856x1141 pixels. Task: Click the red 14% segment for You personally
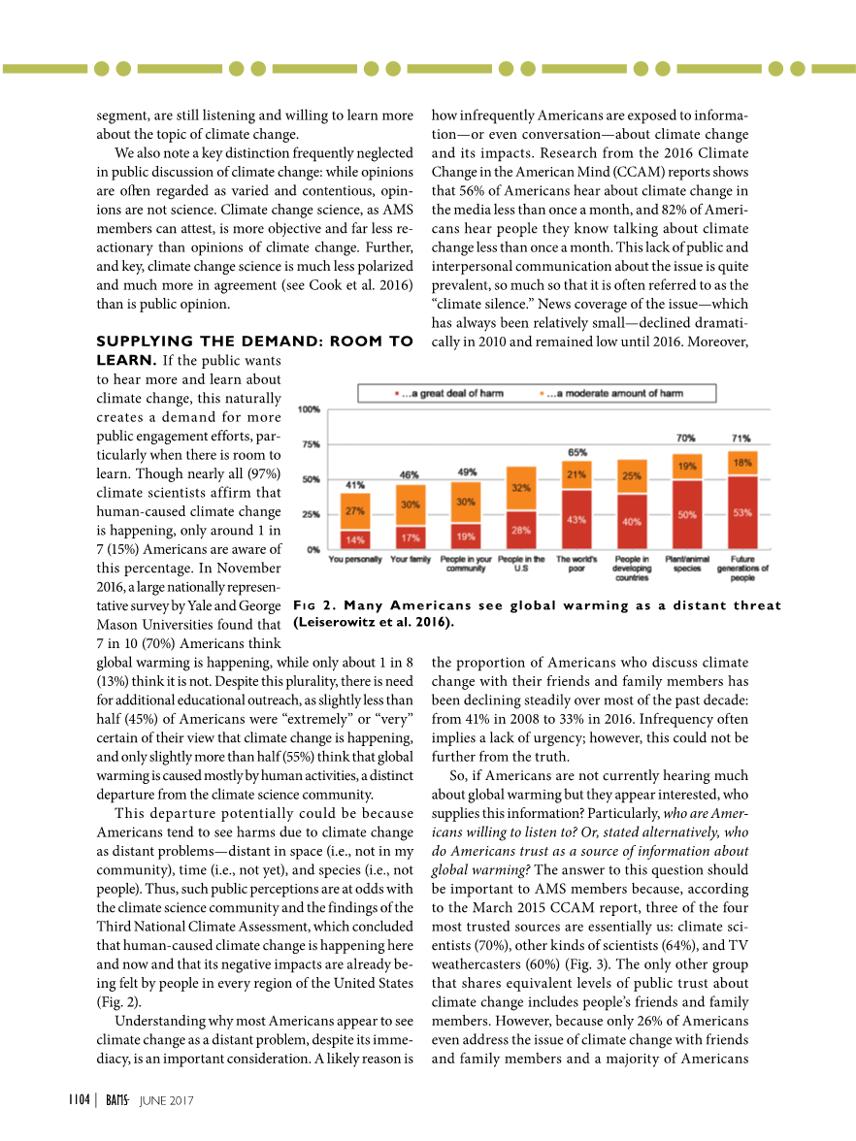coord(354,538)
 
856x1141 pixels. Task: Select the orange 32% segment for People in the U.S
coord(520,488)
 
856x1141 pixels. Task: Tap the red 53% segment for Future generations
coord(742,512)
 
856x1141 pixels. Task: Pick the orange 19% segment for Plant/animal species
coord(687,467)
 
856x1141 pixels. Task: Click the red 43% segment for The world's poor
coord(576,519)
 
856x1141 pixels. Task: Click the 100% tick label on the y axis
coord(309,409)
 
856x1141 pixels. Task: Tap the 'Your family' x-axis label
coord(410,559)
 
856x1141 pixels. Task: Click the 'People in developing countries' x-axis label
coord(632,569)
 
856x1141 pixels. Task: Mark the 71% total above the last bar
coord(741,439)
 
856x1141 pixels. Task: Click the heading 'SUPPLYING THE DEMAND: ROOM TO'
coord(255,342)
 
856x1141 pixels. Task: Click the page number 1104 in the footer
coord(79,1099)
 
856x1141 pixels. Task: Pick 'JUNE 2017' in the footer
coord(167,1100)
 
